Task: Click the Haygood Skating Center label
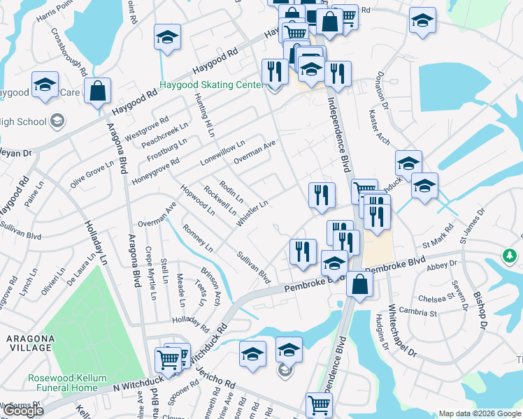212,85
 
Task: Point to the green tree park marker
511,256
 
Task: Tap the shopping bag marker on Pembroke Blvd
359,285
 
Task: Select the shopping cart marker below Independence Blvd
319,404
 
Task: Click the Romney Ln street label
197,237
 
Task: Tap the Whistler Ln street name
252,213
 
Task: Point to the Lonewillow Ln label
222,152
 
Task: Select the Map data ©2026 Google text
480,413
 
